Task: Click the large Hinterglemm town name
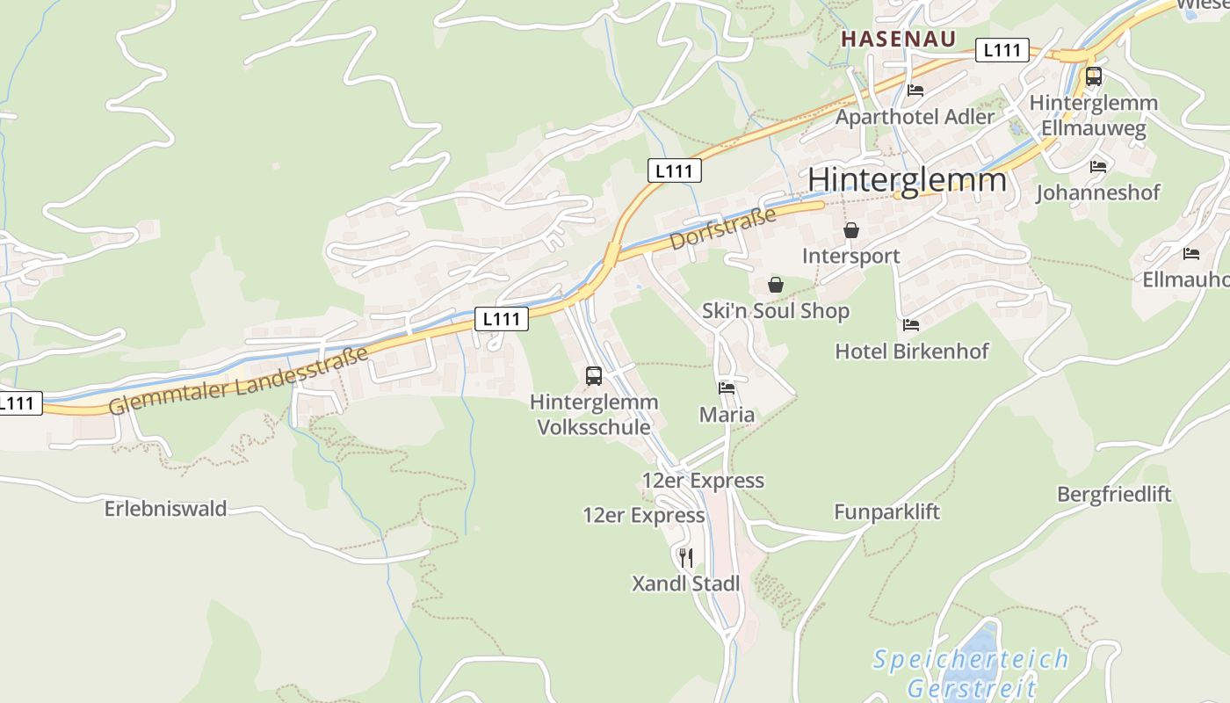coord(907,179)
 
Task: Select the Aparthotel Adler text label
coord(915,116)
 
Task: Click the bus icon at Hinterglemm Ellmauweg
coord(1093,76)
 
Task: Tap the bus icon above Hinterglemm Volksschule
coord(594,376)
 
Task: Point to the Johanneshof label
coord(1098,192)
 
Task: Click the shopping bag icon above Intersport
coord(850,230)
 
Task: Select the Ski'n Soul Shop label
coord(776,311)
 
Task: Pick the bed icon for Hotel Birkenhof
coord(911,325)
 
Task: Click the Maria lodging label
coord(727,414)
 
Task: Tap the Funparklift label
coord(886,511)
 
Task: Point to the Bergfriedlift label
coord(1114,494)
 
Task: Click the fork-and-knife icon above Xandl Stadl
coord(686,557)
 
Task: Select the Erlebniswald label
coord(165,509)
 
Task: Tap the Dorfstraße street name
coord(723,228)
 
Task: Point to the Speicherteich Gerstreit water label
coord(971,673)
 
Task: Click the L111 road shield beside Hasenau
coord(1002,50)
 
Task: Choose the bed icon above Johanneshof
coord(1098,166)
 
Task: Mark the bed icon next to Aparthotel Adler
coord(915,90)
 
